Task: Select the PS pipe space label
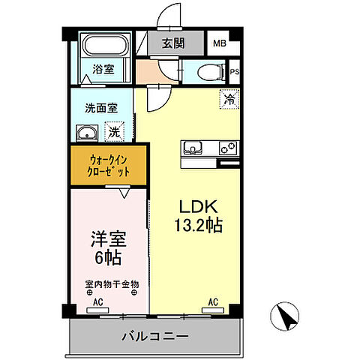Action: tap(234, 73)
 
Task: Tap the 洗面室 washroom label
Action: tap(100, 107)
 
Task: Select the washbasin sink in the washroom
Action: tap(87, 134)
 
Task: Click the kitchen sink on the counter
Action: tap(193, 148)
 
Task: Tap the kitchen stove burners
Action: tap(227, 148)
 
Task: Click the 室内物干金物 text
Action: tap(111, 284)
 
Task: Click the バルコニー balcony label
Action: tap(156, 337)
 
